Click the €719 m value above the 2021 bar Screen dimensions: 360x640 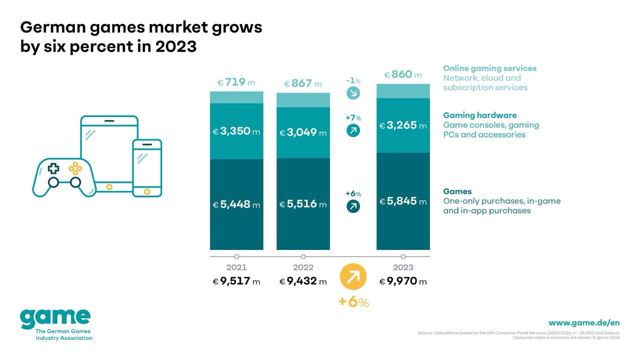[236, 82]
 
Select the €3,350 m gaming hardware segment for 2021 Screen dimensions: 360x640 [236, 131]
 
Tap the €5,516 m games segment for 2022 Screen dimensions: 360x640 [303, 204]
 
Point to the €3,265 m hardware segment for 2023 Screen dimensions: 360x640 [403, 125]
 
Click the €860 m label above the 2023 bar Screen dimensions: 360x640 [403, 75]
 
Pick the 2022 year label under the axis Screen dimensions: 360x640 [303, 267]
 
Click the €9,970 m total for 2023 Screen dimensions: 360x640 [403, 281]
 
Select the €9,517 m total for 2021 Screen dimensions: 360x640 [236, 281]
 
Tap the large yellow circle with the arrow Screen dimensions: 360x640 [353, 276]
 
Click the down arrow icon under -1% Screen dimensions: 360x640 [353, 92]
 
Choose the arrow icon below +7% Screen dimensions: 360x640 [353, 130]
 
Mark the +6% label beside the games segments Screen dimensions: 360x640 [353, 194]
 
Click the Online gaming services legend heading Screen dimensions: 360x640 [489, 68]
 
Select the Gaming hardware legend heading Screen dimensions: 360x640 [479, 115]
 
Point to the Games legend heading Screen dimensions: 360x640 [457, 191]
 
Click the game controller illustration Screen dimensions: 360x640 [64, 177]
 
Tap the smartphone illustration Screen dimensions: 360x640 [147, 168]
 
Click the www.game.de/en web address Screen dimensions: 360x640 [584, 323]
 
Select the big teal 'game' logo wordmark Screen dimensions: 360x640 [55, 318]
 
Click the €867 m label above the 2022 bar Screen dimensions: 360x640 [303, 84]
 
